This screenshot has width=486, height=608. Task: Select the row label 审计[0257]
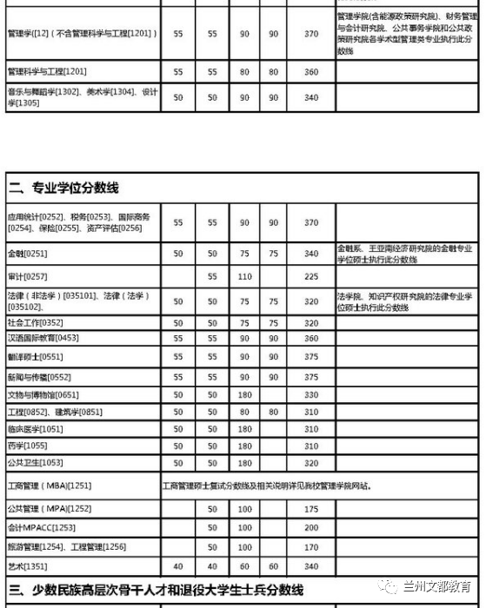28,276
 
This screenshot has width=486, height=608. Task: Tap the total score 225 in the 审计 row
311,276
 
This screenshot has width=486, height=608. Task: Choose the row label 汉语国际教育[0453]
43,338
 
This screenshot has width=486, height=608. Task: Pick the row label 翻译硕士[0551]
35,356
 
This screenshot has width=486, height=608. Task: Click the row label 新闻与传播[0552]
39,377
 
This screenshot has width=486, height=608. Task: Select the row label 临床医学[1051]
35,429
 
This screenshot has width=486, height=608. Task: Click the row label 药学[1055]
28,446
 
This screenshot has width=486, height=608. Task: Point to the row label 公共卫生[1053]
35,463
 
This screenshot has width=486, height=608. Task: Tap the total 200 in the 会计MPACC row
311,527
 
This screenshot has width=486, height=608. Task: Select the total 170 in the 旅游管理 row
311,547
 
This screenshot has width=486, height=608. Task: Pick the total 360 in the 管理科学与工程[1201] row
311,71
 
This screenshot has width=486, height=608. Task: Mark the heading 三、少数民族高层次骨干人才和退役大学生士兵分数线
157,591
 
